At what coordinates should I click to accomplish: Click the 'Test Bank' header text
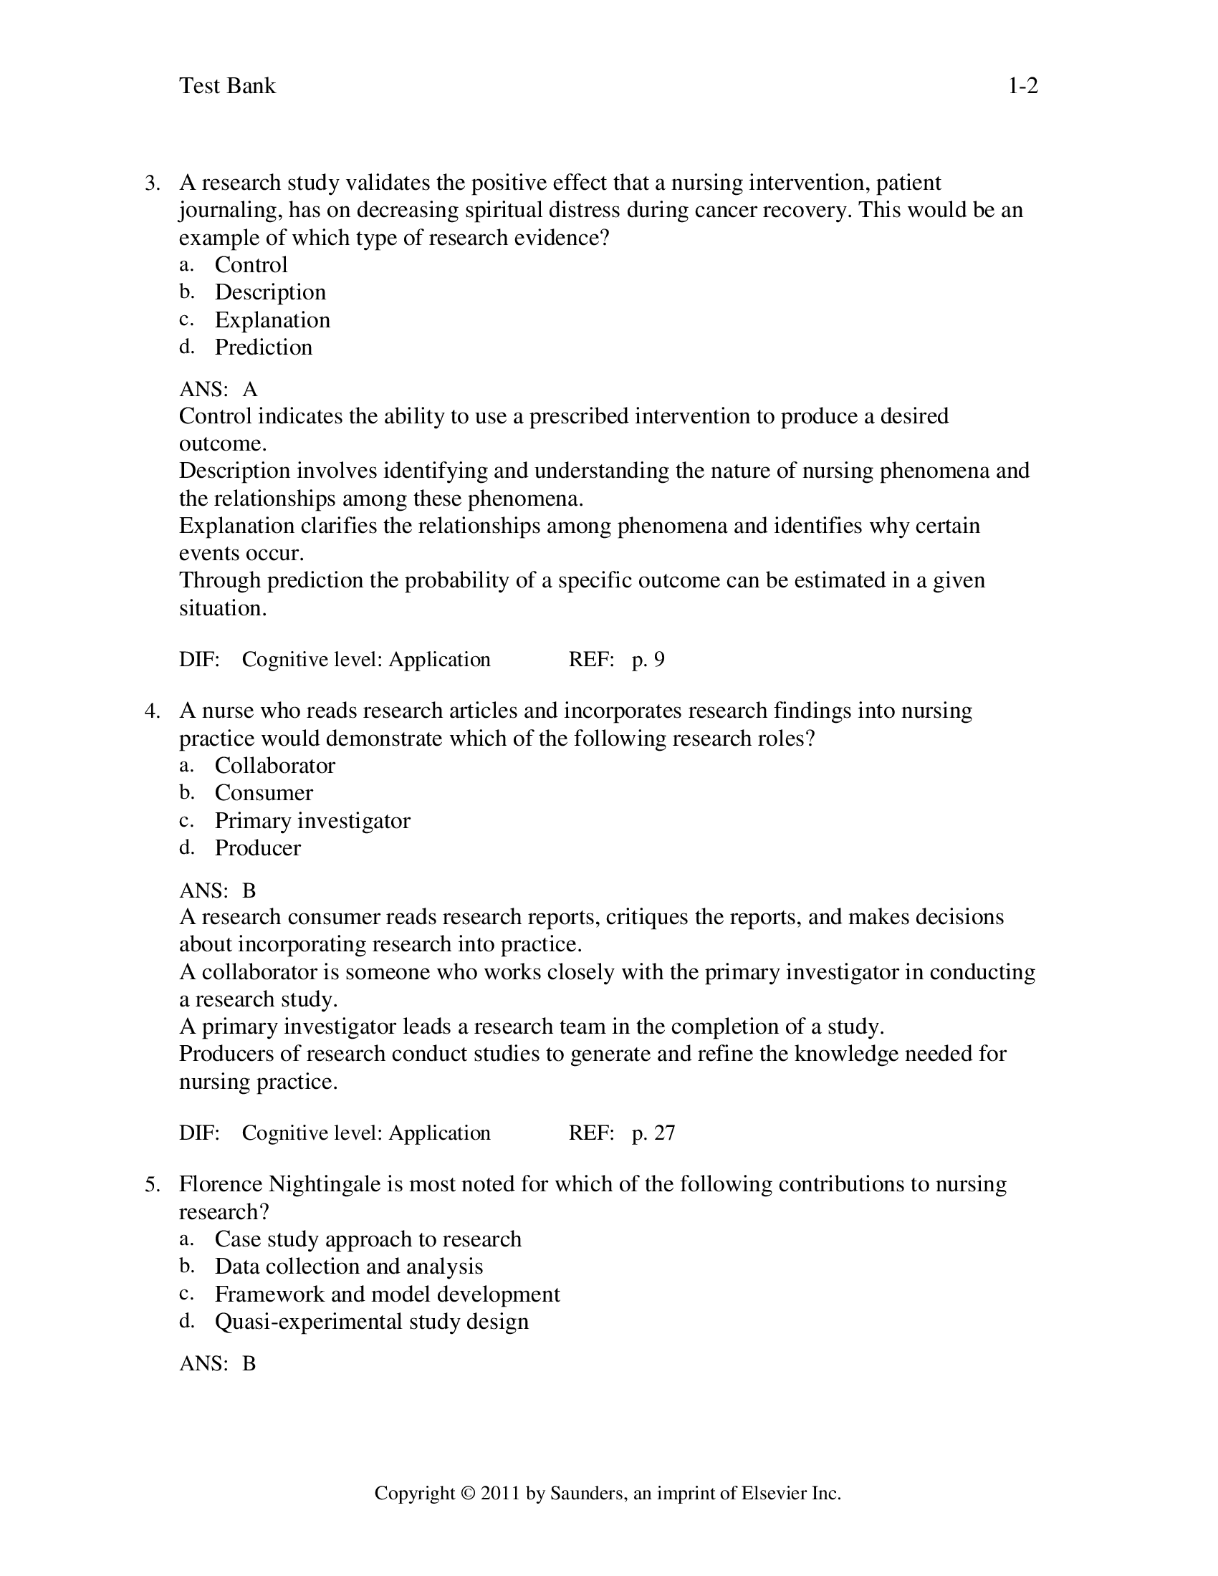[x=227, y=86]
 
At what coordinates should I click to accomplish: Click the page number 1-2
[x=1022, y=86]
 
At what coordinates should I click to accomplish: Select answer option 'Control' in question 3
[x=250, y=265]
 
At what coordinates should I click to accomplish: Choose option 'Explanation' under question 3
[x=272, y=319]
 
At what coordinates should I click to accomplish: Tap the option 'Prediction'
[x=264, y=347]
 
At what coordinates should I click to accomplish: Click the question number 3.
[x=151, y=183]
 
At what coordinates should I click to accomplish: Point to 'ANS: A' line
[x=218, y=390]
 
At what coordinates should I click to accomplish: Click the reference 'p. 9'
[x=648, y=660]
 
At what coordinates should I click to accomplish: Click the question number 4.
[x=151, y=711]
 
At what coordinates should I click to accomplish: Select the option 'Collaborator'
[x=274, y=766]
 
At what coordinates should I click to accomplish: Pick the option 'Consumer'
[x=264, y=793]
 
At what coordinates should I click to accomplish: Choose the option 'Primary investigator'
[x=312, y=820]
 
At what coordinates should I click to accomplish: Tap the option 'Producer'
[x=257, y=848]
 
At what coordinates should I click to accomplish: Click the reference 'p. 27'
[x=653, y=1133]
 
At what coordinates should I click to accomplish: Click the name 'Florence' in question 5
[x=221, y=1184]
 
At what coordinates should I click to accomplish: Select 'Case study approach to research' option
[x=368, y=1239]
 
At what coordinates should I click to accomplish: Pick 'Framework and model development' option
[x=387, y=1294]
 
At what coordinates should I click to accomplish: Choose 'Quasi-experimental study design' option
[x=372, y=1321]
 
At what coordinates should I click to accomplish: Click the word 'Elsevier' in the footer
[x=774, y=1494]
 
